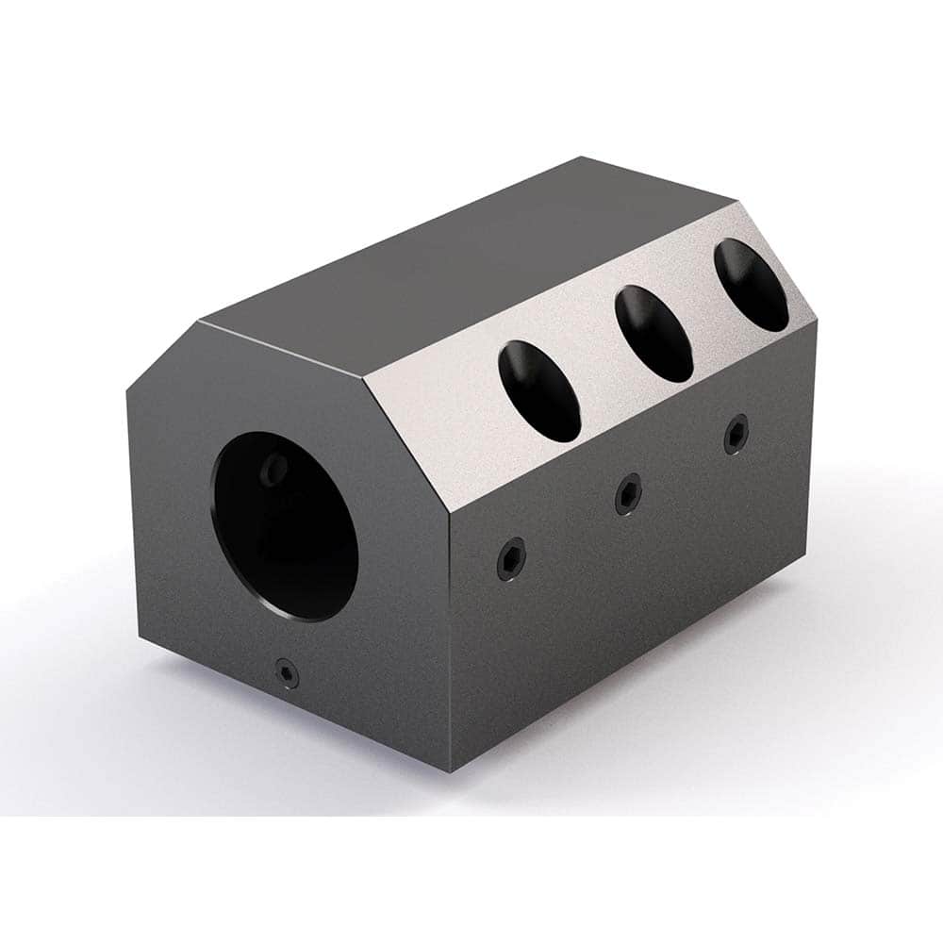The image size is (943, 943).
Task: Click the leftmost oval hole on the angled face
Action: (x=539, y=391)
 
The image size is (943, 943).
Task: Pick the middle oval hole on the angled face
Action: (x=653, y=334)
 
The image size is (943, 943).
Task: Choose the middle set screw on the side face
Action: (x=628, y=494)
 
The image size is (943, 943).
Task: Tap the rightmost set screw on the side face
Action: (x=736, y=434)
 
